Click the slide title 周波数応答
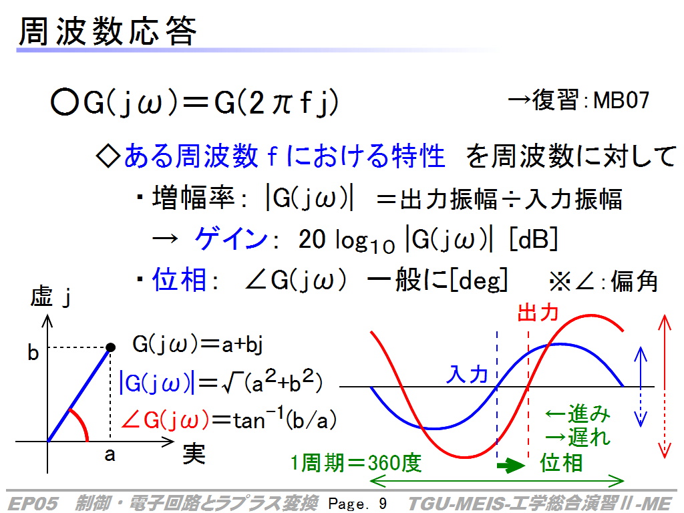click(x=108, y=31)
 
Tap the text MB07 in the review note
click(x=621, y=100)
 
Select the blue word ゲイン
click(x=230, y=238)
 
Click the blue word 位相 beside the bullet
click(x=179, y=280)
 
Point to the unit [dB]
click(x=534, y=238)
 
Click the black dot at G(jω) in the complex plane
click(x=111, y=347)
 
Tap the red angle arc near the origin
click(x=81, y=423)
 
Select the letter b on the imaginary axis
click(x=33, y=353)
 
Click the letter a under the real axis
click(x=110, y=456)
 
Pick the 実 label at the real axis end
click(x=194, y=454)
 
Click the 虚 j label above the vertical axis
click(x=50, y=297)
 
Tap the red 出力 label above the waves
click(x=538, y=313)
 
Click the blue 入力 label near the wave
click(x=466, y=374)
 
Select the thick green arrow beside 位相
click(x=511, y=465)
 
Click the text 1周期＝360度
click(x=356, y=463)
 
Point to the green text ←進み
click(x=578, y=414)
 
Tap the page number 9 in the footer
click(x=383, y=504)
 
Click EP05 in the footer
click(x=33, y=504)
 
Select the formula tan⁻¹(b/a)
click(x=285, y=419)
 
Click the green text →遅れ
click(x=578, y=437)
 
